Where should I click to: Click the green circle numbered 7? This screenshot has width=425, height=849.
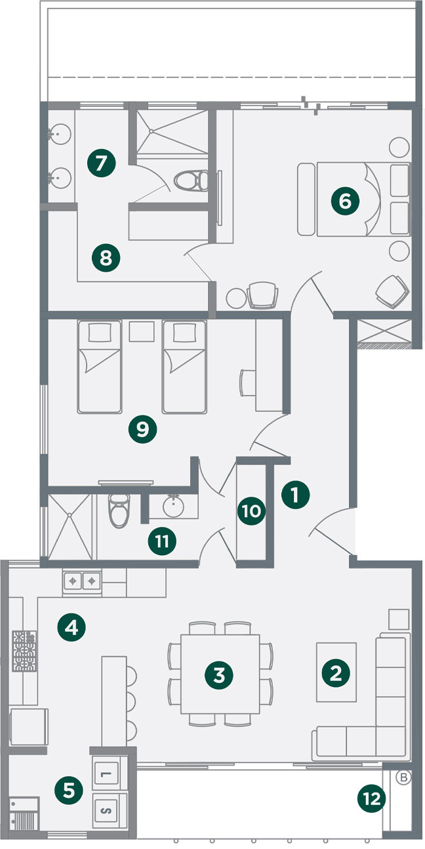pyautogui.click(x=101, y=163)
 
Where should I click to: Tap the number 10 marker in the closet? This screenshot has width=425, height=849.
pyautogui.click(x=251, y=511)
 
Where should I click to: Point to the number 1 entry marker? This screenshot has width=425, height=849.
pyautogui.click(x=295, y=494)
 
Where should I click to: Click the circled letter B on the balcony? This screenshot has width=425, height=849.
pyautogui.click(x=403, y=767)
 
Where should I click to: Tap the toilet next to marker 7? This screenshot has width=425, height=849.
pyautogui.click(x=192, y=180)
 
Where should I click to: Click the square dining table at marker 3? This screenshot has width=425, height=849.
pyautogui.click(x=220, y=674)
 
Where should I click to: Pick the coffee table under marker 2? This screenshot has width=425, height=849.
pyautogui.click(x=336, y=672)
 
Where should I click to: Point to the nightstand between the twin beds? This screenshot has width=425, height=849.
pyautogui.click(x=142, y=331)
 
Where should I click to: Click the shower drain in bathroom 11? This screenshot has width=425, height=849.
pyautogui.click(x=70, y=514)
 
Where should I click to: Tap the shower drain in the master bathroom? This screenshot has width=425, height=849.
pyautogui.click(x=151, y=131)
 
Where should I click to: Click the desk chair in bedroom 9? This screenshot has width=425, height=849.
pyautogui.click(x=247, y=383)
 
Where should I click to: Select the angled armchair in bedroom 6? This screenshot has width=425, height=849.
pyautogui.click(x=392, y=291)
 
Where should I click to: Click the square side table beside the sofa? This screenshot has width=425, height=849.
pyautogui.click(x=399, y=619)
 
